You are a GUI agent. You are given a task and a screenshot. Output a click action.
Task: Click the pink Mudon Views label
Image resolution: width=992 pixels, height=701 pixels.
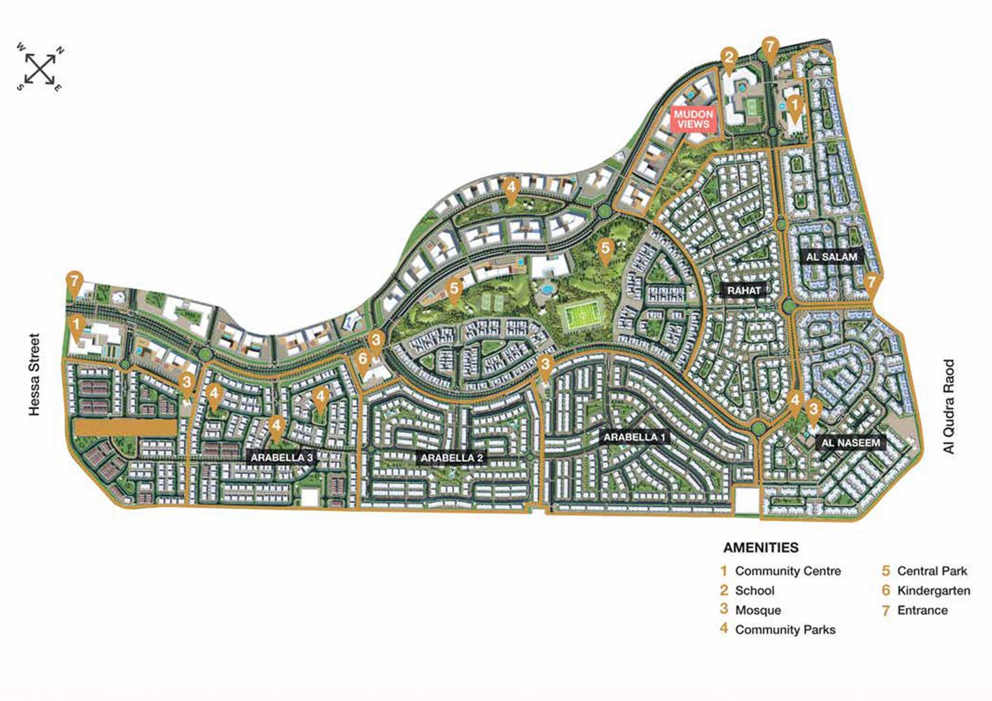click(x=694, y=119)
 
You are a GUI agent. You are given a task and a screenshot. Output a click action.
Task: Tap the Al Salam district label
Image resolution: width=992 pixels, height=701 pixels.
click(x=831, y=257)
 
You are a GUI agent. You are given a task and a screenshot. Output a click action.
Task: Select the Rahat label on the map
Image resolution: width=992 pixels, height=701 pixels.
click(x=744, y=291)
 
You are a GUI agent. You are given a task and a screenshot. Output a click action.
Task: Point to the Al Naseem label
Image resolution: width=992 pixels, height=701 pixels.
click(x=851, y=443)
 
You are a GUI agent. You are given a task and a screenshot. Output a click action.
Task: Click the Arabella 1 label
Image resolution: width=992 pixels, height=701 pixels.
click(x=634, y=437)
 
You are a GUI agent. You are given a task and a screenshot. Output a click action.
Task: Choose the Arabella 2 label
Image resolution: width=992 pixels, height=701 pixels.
click(x=452, y=458)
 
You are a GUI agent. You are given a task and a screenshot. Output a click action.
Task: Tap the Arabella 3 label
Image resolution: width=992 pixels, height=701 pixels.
click(x=282, y=457)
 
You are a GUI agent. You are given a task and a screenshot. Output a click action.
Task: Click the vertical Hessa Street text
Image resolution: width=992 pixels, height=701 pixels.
click(x=34, y=375)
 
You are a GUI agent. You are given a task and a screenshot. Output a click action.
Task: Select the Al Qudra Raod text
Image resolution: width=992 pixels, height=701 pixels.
click(x=949, y=406)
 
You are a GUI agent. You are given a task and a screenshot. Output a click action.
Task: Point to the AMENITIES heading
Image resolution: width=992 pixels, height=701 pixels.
click(x=760, y=547)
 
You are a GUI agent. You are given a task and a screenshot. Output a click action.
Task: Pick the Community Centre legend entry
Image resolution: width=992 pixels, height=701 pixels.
click(x=787, y=571)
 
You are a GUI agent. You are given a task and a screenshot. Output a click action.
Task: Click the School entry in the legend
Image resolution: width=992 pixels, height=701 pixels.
click(x=754, y=591)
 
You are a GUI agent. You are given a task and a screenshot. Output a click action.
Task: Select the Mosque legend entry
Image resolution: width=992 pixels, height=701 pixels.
click(x=757, y=610)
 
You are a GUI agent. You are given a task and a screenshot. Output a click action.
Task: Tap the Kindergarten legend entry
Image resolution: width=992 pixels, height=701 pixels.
click(x=933, y=591)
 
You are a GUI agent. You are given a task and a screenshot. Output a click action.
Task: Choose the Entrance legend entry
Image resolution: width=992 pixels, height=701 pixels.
click(x=921, y=610)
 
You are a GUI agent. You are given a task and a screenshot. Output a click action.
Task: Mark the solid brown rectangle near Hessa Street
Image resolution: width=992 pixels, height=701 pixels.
click(x=125, y=428)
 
